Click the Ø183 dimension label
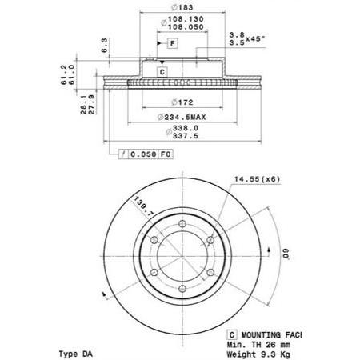point(182,7)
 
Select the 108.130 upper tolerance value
point(186,19)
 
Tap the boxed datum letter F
point(173,43)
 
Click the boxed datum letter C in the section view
point(162,72)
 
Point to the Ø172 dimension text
point(182,102)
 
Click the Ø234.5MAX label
point(182,117)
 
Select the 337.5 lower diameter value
point(186,136)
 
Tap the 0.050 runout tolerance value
point(143,154)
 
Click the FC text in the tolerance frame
point(166,154)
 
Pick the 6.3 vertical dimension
point(105,46)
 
